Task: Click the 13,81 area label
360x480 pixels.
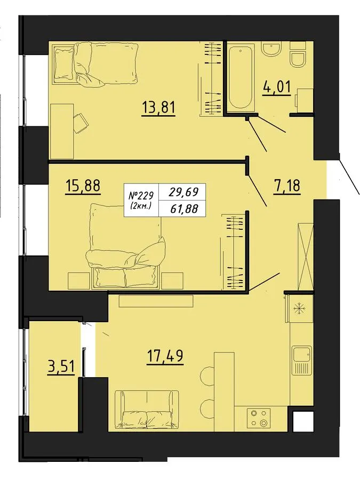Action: (x=158, y=108)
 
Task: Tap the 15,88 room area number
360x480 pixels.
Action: (x=83, y=185)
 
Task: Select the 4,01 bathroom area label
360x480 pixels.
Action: (x=276, y=87)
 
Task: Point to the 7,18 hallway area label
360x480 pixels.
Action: (x=287, y=186)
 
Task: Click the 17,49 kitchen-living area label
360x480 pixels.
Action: (x=165, y=356)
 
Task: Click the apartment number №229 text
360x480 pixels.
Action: (x=142, y=195)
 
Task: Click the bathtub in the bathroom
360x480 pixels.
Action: (x=241, y=78)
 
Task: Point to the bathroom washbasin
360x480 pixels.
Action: (x=271, y=50)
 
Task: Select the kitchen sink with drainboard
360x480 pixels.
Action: (x=302, y=361)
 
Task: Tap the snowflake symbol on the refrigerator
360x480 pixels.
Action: (x=298, y=308)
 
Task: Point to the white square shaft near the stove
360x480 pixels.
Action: (x=303, y=421)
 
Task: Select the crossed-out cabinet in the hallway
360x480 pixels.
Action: (x=306, y=257)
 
